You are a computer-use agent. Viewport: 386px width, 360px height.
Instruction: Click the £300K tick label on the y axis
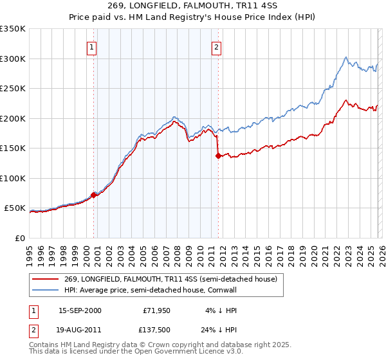tap(13, 59)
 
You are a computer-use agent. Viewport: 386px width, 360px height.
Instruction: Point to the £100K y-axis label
tap(13, 178)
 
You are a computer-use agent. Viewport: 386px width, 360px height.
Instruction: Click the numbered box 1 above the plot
tap(92, 47)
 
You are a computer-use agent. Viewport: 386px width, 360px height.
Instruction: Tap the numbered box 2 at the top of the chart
tap(217, 47)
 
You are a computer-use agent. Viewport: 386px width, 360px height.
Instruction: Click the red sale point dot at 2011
tap(218, 156)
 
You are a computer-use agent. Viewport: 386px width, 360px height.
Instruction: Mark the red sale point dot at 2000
tap(94, 195)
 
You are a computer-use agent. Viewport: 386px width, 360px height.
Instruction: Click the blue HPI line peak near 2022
tap(346, 57)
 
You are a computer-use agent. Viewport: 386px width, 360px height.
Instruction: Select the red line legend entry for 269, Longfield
tap(161, 279)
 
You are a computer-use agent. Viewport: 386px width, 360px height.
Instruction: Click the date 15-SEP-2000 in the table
tap(80, 310)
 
